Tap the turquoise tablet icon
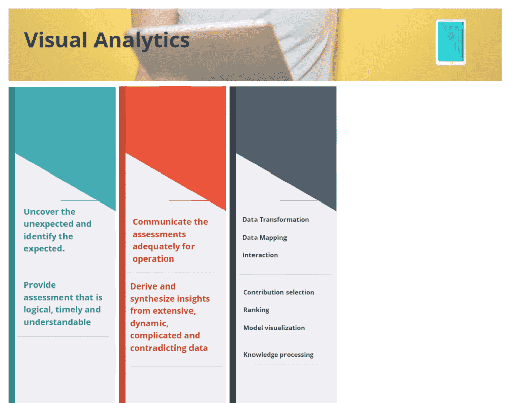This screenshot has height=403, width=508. point(451,42)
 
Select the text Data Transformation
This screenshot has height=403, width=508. point(275,220)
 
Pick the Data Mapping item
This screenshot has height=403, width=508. point(265,238)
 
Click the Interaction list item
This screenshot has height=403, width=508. point(260,255)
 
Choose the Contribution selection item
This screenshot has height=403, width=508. point(278,292)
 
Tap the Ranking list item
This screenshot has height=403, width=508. point(256,310)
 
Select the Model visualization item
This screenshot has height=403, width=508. point(274,328)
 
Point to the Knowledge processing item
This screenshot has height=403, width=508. point(278,355)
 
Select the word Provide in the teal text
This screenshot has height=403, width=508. point(40,285)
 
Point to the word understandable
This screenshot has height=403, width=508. point(57,322)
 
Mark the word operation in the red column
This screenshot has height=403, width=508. point(153,259)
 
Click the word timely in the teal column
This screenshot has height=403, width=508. point(69,310)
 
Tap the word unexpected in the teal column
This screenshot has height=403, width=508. point(48,224)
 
